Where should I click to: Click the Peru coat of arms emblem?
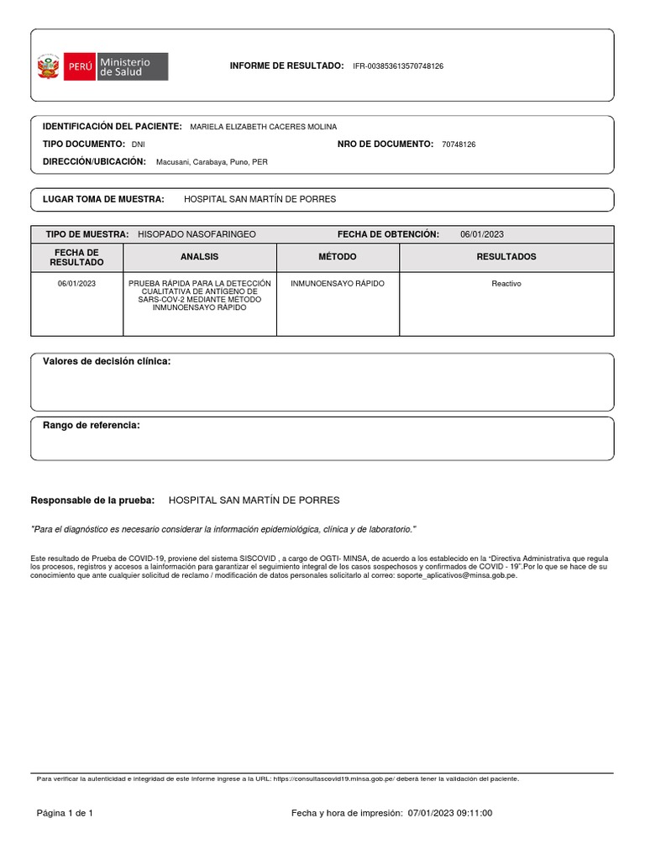[x=48, y=66]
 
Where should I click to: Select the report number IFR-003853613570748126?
[x=398, y=66]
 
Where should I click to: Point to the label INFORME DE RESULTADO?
[x=286, y=66]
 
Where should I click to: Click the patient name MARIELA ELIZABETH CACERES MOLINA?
[x=263, y=127]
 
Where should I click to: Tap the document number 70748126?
[x=458, y=144]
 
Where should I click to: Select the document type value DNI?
[x=139, y=144]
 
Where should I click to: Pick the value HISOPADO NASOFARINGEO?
[x=197, y=234]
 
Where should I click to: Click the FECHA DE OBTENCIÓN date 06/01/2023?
[x=481, y=234]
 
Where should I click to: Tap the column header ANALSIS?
[x=199, y=257]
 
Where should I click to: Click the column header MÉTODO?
[x=337, y=257]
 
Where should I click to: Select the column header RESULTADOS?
[x=506, y=257]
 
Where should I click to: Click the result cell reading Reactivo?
[x=506, y=284]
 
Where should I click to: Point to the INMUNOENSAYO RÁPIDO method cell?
[x=337, y=284]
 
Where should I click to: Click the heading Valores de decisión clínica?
[x=107, y=361]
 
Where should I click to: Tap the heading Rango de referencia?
[x=91, y=426]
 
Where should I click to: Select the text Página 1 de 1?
[x=65, y=813]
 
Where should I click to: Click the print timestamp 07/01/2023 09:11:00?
[x=450, y=813]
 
